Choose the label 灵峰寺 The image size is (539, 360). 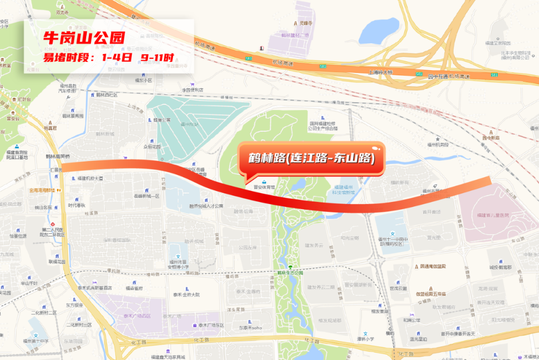(x=305, y=23)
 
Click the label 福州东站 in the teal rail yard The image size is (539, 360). (x=189, y=124)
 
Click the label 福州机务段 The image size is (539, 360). (x=438, y=145)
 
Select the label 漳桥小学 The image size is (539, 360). (x=365, y=339)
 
